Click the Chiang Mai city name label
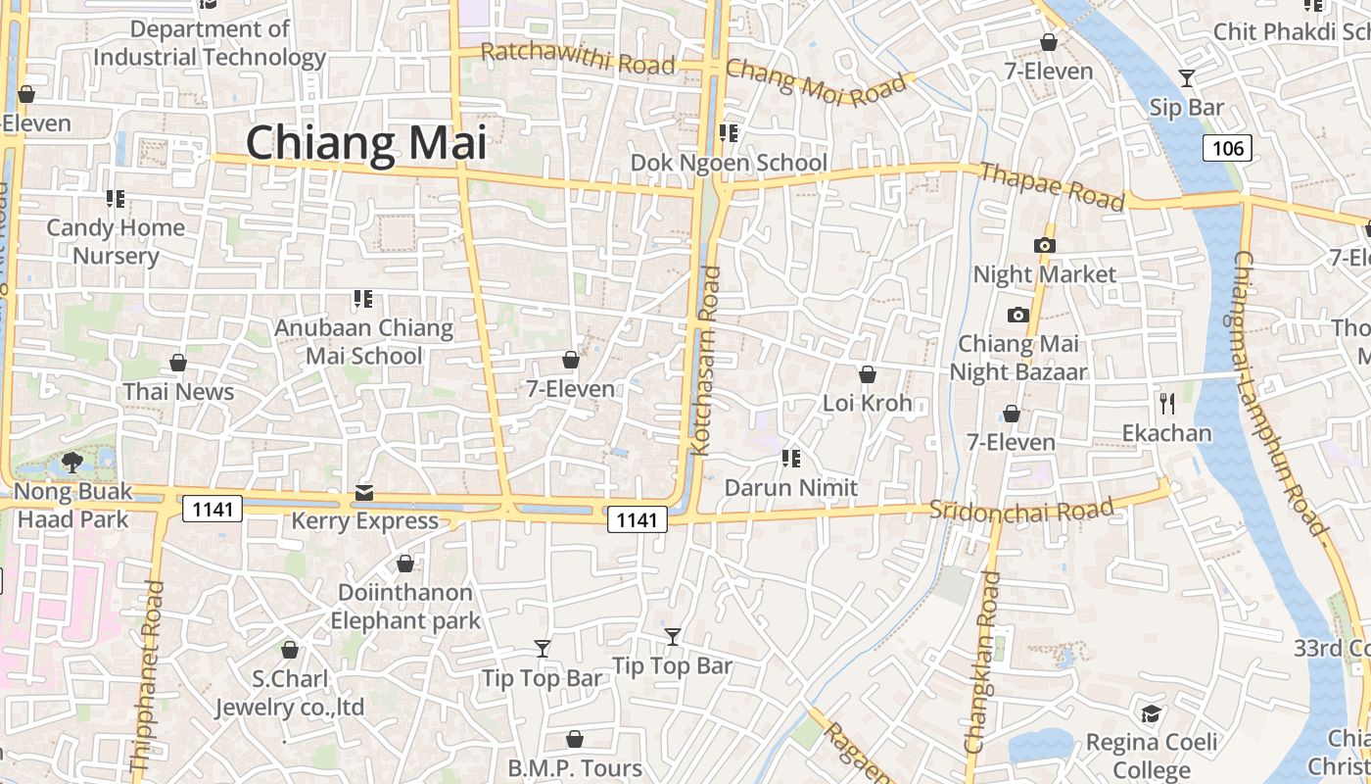[x=366, y=143]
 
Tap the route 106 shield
[x=1227, y=148]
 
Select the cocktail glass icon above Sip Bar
[x=1187, y=78]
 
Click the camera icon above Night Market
[x=1045, y=245]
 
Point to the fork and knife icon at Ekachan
[x=1167, y=403]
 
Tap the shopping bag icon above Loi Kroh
[x=867, y=374]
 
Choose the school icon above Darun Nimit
[x=791, y=458]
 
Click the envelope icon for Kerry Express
[x=364, y=492]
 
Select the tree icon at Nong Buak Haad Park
[x=72, y=462]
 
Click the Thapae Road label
[x=1052, y=187]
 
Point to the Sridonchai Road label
[x=1021, y=510]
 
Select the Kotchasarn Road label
[x=706, y=361]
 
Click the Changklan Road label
[x=983, y=662]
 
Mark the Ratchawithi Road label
[x=578, y=59]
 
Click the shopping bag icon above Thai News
[x=178, y=364]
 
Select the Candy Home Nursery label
[x=116, y=241]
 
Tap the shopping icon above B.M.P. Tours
[x=575, y=739]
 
